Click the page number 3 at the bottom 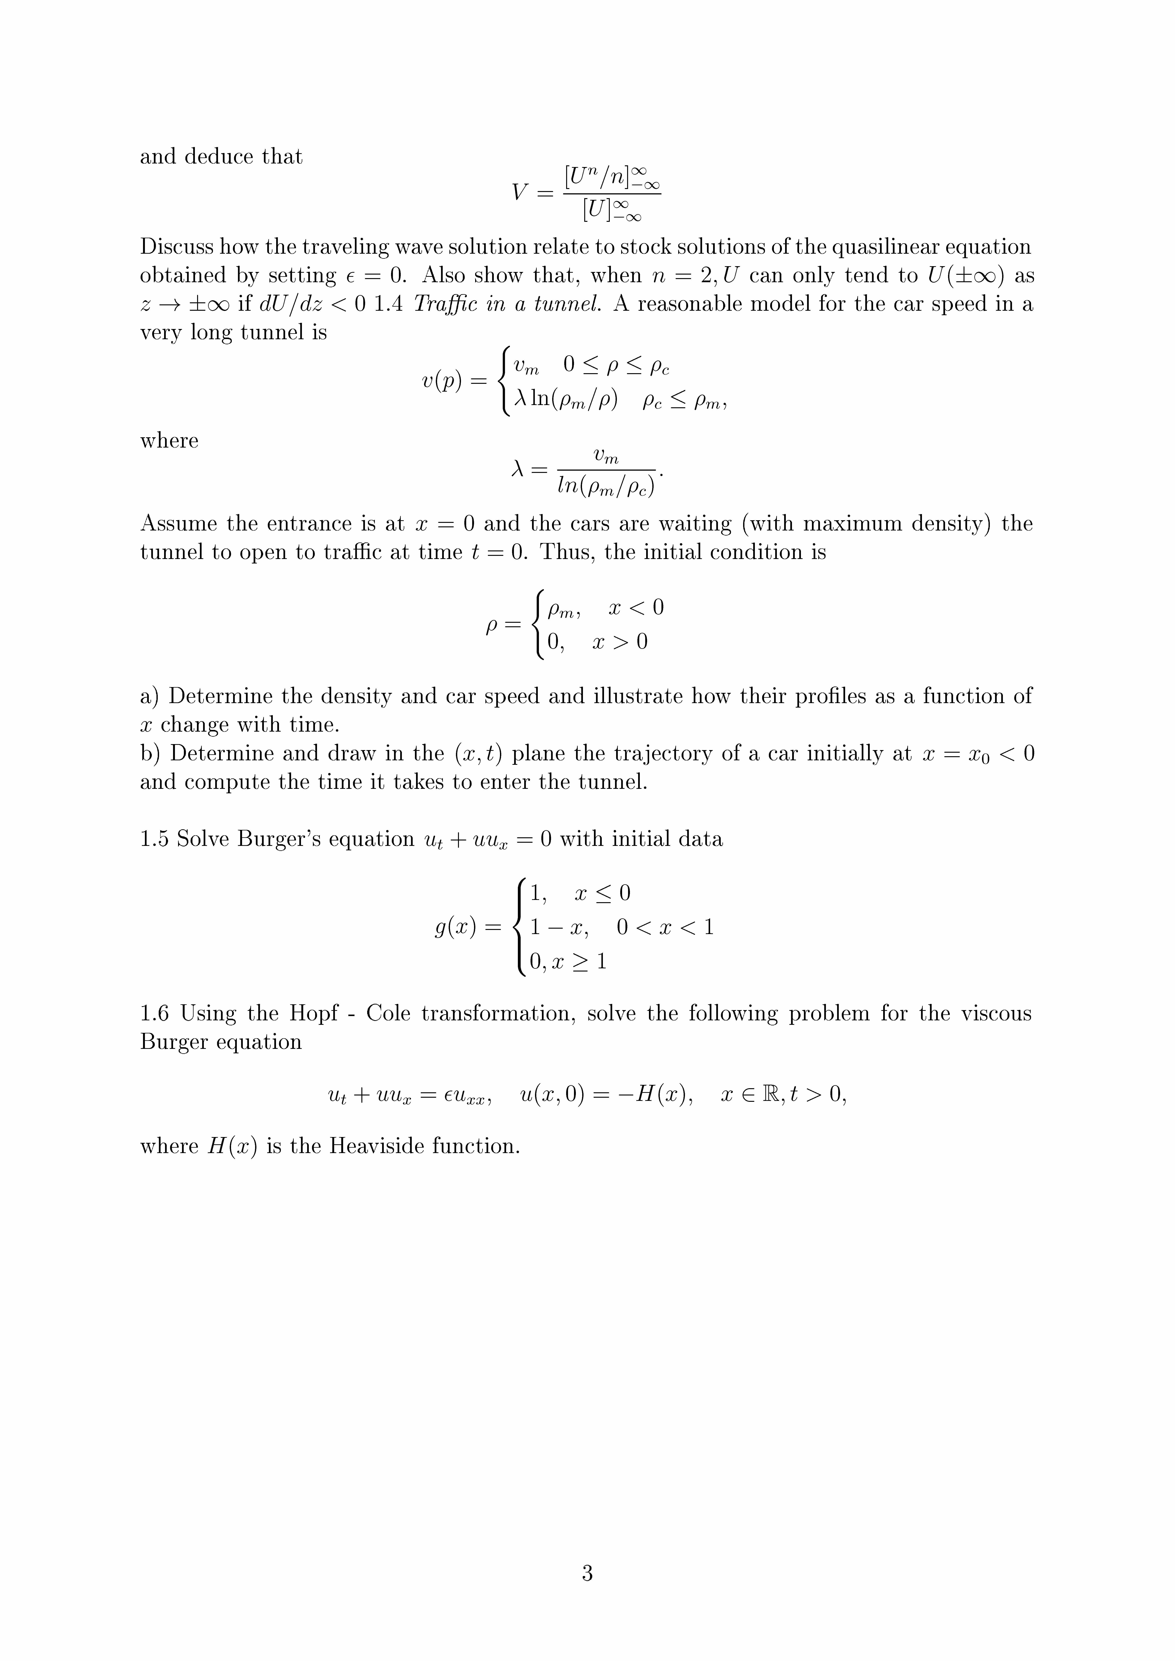coord(587,1572)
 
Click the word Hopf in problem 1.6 coord(313,1013)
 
